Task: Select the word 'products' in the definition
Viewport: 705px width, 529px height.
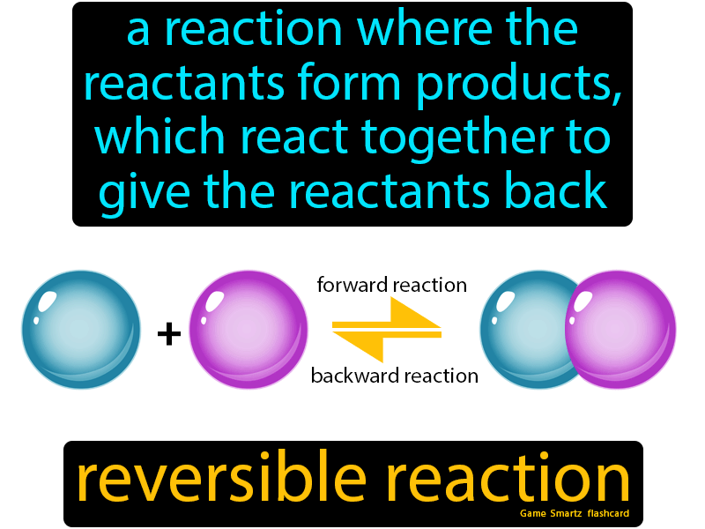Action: [x=518, y=86]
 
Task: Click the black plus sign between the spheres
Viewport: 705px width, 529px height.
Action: [x=169, y=334]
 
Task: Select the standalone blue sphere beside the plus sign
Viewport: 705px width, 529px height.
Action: [x=81, y=329]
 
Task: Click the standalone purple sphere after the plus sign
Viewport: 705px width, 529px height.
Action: [x=249, y=329]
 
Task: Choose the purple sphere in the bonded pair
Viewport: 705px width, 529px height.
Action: [x=620, y=329]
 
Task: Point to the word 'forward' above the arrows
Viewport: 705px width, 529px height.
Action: [x=352, y=285]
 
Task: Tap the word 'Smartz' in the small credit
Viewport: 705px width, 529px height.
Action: [x=566, y=513]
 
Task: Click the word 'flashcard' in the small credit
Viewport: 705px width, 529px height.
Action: [x=608, y=513]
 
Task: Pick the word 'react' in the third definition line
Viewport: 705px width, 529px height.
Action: [x=294, y=138]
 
